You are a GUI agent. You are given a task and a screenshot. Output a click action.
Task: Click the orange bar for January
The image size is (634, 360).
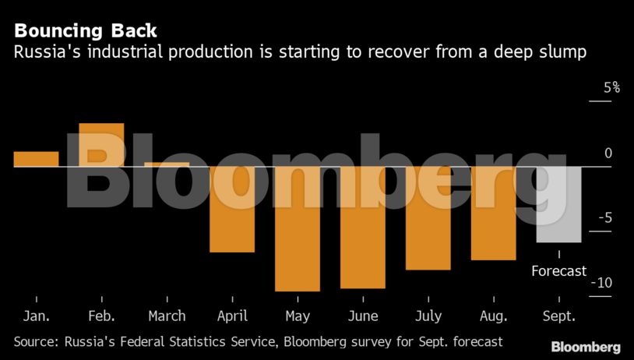point(36,159)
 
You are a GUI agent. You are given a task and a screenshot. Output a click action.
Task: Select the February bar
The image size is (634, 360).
point(101,145)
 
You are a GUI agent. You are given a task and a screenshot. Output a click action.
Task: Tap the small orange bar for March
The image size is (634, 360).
point(167,164)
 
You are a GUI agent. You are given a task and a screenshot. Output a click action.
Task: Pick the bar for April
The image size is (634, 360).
point(232,209)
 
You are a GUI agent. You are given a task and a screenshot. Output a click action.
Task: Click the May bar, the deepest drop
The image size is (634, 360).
point(297,228)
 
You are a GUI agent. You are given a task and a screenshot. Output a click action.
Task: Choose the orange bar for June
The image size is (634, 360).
point(362,227)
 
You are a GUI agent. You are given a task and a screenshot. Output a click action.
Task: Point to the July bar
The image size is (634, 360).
point(428,217)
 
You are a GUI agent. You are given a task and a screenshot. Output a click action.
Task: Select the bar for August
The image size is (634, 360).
point(493,213)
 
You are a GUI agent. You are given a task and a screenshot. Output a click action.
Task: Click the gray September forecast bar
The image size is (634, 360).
point(558,204)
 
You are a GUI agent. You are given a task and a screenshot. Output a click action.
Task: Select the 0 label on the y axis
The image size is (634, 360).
point(608,154)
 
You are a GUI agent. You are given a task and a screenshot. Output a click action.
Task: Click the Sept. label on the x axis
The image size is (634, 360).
point(558,316)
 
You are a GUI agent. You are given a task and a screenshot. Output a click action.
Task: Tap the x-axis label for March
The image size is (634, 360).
point(167,316)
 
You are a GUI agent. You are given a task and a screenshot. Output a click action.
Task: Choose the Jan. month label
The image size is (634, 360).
point(36,316)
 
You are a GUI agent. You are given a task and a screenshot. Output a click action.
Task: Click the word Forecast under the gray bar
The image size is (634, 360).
point(558,271)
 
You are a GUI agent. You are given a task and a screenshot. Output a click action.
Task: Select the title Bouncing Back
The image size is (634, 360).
point(85,31)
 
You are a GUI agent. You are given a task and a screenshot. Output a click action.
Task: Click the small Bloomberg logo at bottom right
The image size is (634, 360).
point(586,347)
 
